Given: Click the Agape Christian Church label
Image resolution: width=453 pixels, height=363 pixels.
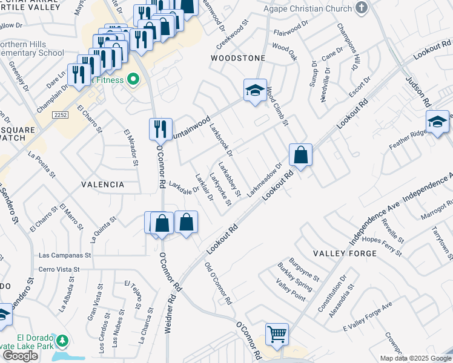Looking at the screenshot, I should pos(307,8).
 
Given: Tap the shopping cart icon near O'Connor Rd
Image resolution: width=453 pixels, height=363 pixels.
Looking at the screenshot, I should pos(277,333).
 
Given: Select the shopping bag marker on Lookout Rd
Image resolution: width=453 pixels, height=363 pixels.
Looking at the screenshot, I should pos(300,155).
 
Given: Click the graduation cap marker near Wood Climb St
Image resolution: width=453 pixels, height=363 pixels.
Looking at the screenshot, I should pos(255,91).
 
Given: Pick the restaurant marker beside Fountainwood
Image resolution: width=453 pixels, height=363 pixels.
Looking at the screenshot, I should pos(160,129).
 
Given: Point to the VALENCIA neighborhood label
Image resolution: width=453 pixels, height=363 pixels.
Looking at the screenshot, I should pos(102,184).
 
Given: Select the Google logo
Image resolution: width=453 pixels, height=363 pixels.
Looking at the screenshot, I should pos(20,356).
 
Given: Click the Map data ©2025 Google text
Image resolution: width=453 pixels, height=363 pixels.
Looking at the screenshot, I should pos(415,358).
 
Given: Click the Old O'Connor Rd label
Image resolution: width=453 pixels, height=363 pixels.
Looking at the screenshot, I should pos(217,284).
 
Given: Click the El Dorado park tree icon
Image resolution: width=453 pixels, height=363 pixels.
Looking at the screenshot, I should pos(62,342).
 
